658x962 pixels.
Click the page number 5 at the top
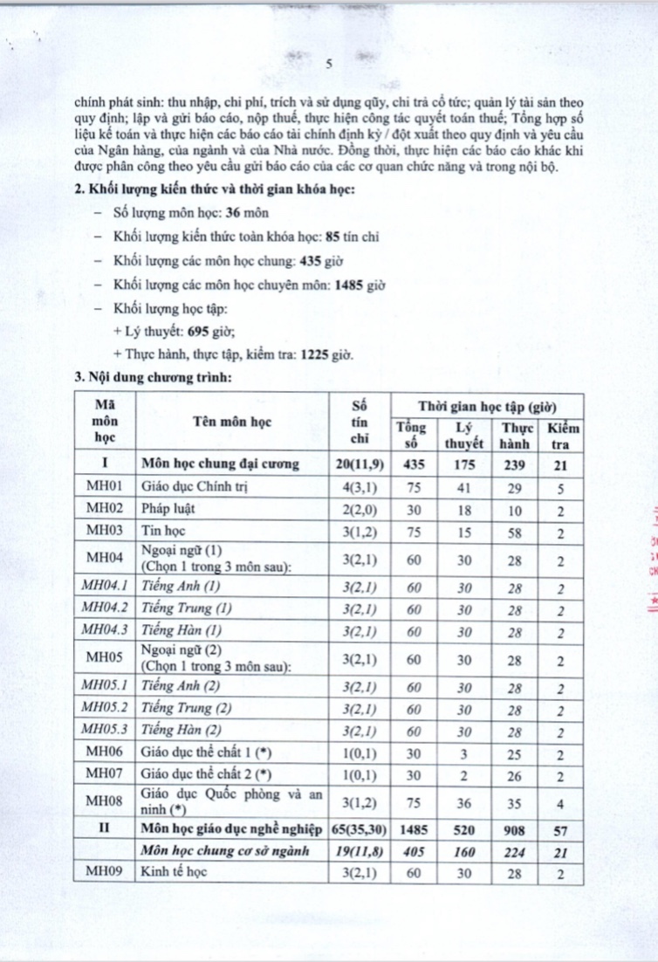pyautogui.click(x=329, y=64)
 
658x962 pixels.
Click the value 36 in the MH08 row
pyautogui.click(x=463, y=799)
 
